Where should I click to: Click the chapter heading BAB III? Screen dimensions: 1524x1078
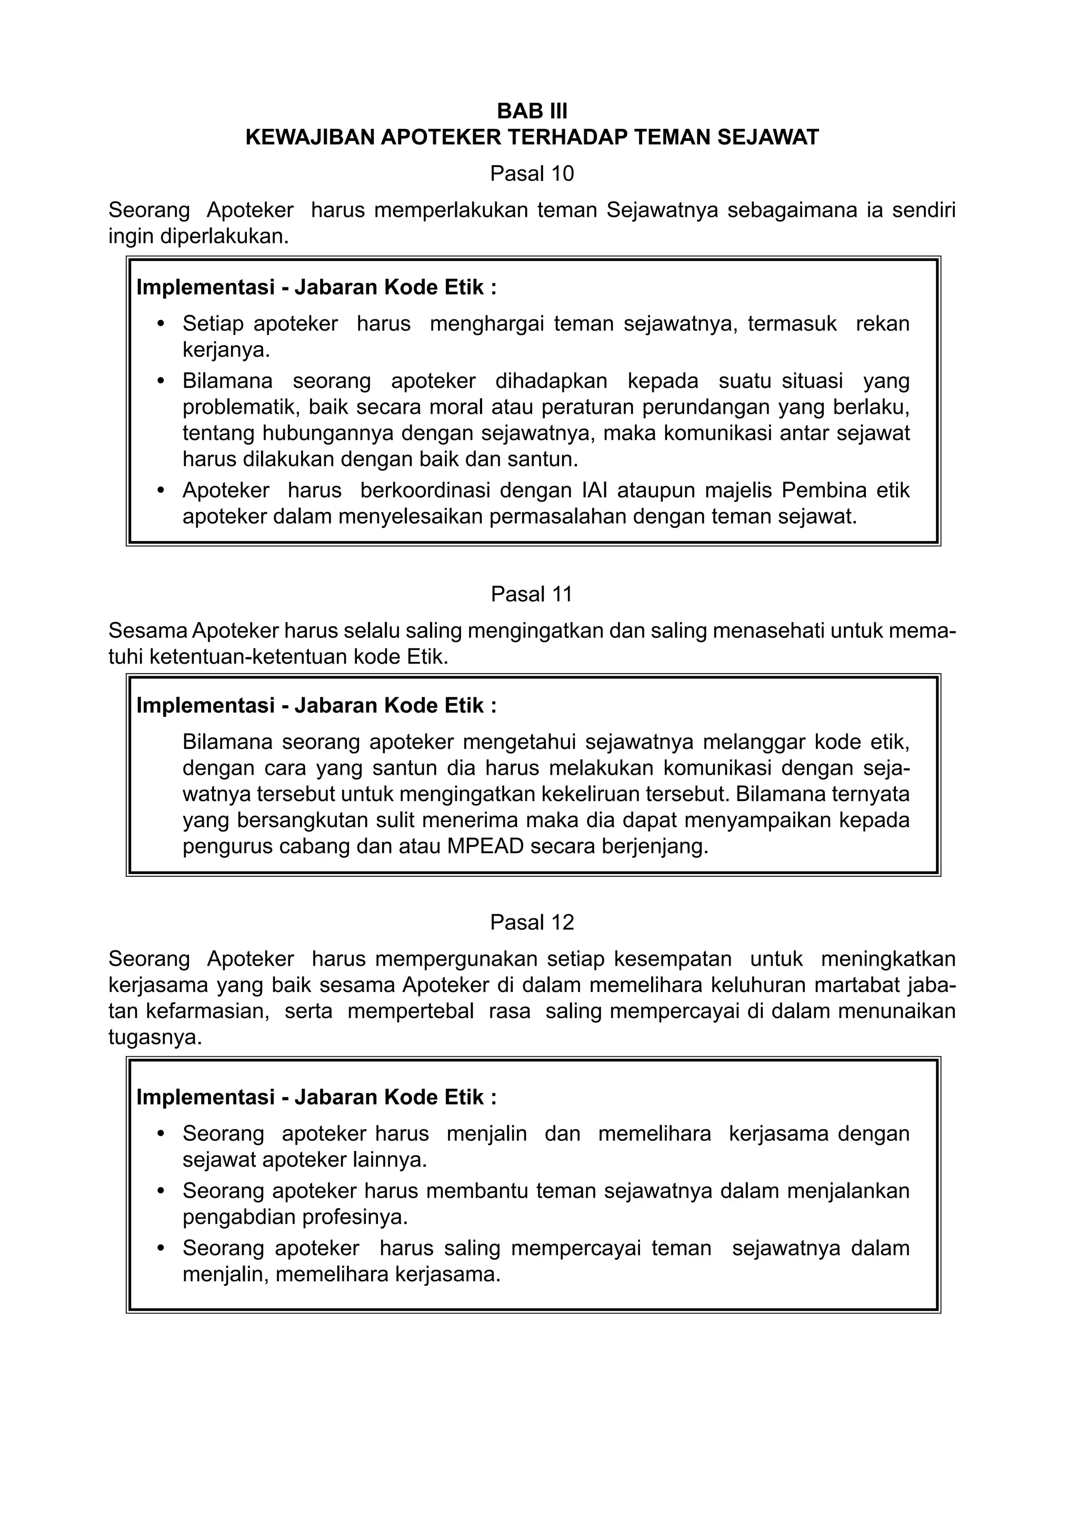(532, 111)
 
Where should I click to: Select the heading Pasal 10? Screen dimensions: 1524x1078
(532, 174)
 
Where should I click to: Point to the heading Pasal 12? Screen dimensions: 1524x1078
(532, 922)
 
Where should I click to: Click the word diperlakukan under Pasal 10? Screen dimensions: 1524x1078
(224, 236)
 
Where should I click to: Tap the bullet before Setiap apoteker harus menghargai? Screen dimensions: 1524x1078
(160, 324)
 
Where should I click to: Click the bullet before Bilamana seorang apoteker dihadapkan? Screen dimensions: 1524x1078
(160, 381)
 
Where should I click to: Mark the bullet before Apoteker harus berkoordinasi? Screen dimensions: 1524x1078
(160, 490)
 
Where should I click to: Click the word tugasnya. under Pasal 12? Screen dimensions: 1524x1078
(155, 1037)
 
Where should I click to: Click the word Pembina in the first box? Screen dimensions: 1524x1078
(824, 490)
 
